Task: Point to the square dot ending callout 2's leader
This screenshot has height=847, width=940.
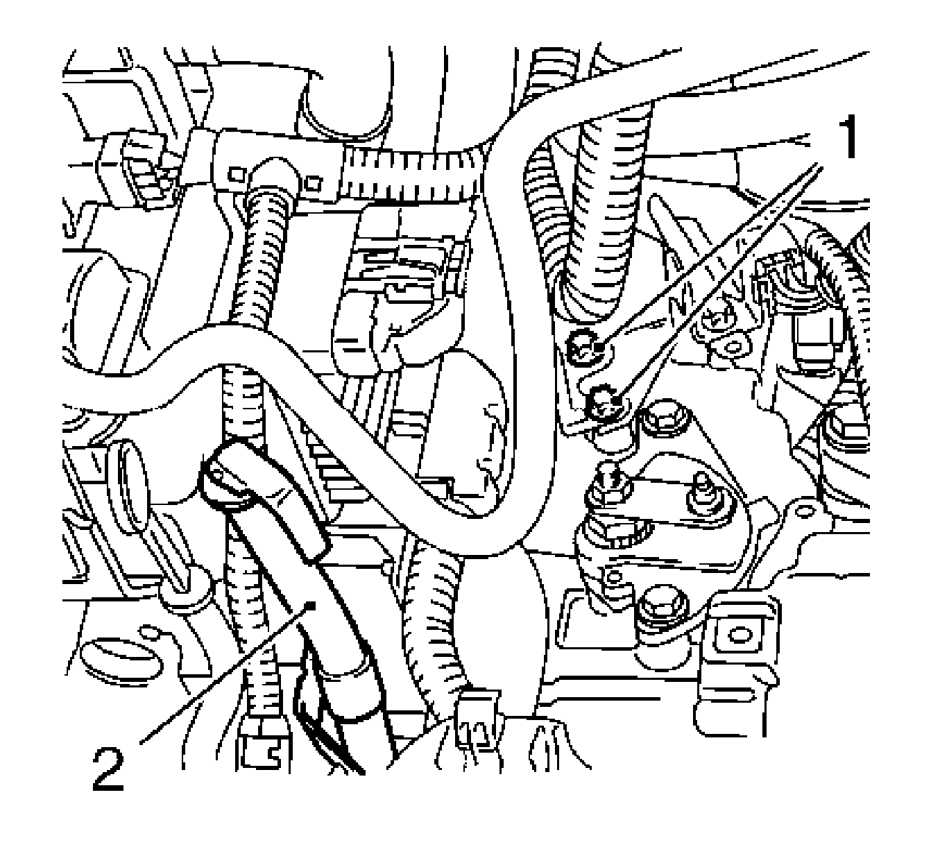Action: coord(311,606)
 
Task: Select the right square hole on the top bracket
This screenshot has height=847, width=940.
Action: coord(314,183)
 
